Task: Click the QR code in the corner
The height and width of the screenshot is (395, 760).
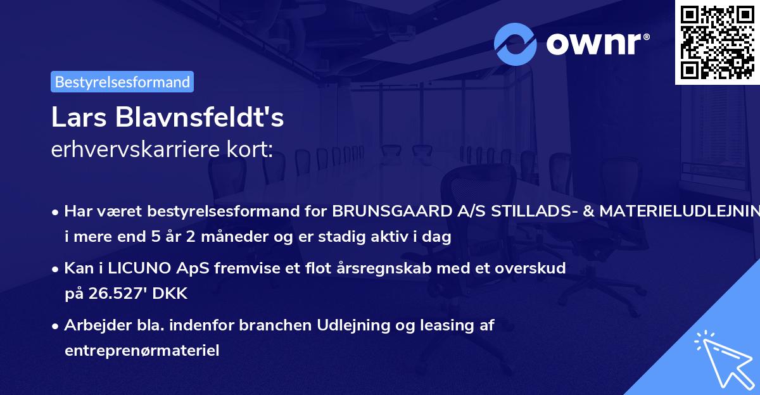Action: point(716,42)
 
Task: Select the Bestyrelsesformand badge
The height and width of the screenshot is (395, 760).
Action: point(122,82)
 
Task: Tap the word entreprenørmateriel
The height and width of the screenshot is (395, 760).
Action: point(142,350)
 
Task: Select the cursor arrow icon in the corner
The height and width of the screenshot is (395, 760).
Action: point(724,359)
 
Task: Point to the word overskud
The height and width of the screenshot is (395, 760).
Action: point(533,268)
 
